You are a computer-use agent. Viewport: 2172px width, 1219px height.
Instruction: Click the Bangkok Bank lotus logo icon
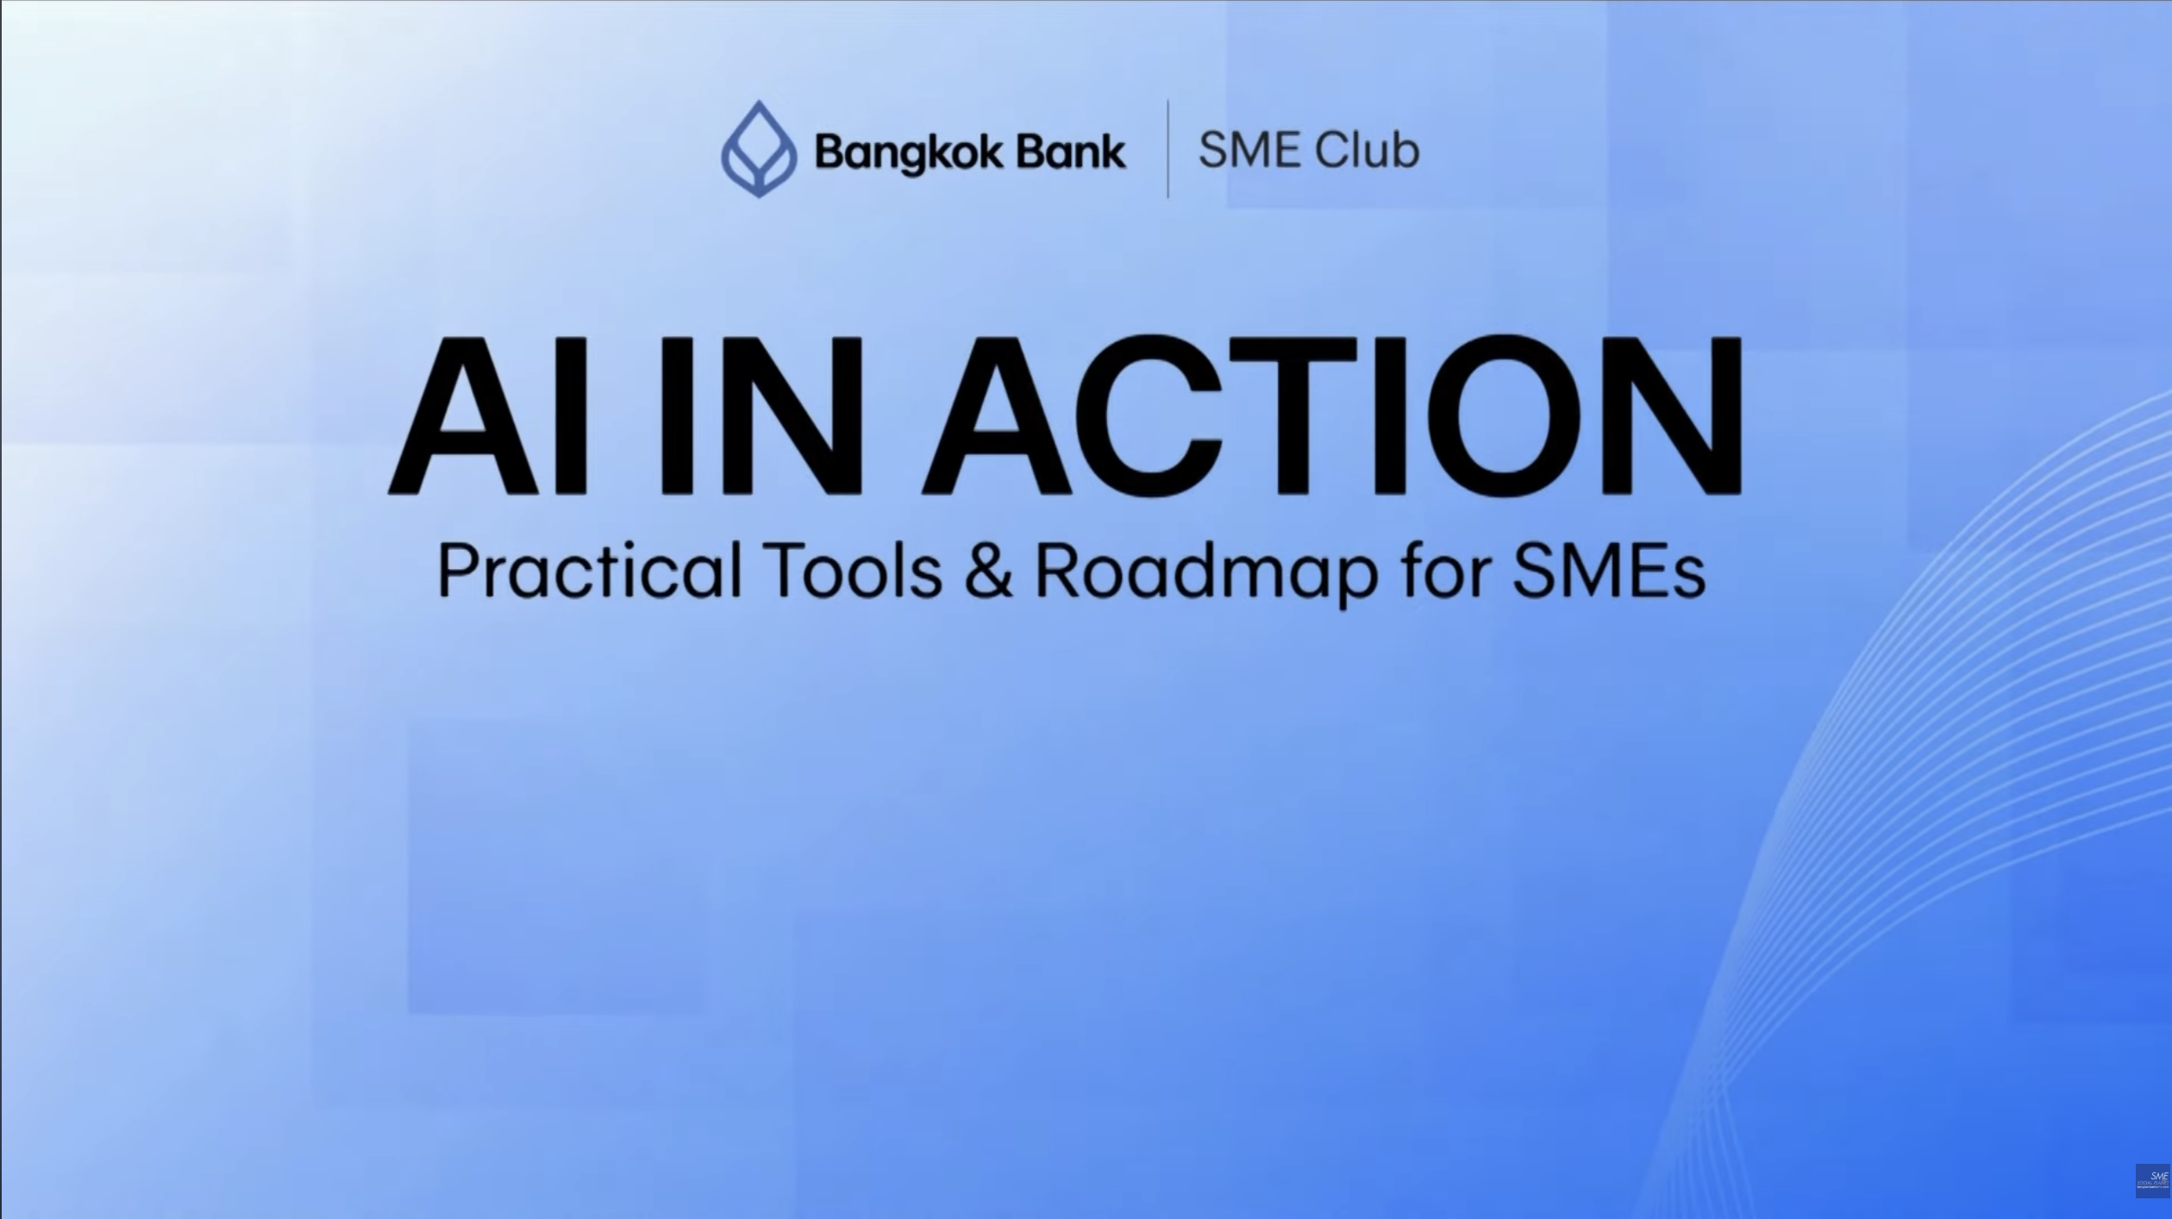coord(758,150)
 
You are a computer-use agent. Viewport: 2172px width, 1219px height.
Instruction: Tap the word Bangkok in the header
coord(908,153)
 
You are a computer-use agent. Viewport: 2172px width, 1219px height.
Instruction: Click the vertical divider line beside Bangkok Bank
coord(1168,149)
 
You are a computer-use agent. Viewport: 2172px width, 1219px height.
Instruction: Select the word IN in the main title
coord(761,416)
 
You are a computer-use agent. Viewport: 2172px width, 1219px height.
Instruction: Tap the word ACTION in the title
coord(1332,416)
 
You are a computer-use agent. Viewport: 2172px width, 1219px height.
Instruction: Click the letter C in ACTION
coord(1147,416)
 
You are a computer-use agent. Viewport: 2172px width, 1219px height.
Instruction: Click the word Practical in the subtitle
coord(590,570)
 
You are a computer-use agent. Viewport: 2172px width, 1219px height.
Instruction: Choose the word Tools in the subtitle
coord(854,570)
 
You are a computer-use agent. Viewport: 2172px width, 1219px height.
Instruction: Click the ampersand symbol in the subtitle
coord(988,570)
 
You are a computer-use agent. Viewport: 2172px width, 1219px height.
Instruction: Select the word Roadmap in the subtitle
coord(1205,572)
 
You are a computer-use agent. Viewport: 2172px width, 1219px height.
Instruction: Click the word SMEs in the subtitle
coord(1609,570)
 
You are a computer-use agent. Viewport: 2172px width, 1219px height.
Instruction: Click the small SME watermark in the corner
coord(2152,1180)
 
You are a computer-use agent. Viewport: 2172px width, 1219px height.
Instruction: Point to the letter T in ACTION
coord(1293,416)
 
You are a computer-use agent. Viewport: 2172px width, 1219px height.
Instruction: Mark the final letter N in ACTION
coord(1672,416)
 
